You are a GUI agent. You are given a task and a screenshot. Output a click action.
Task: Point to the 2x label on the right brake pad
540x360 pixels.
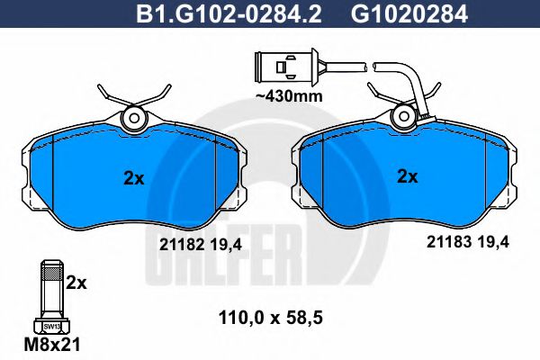[x=408, y=177]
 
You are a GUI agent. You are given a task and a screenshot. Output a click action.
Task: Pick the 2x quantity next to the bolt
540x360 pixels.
[x=78, y=283]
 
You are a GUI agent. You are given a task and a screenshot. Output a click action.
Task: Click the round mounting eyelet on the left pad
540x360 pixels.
[x=135, y=117]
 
